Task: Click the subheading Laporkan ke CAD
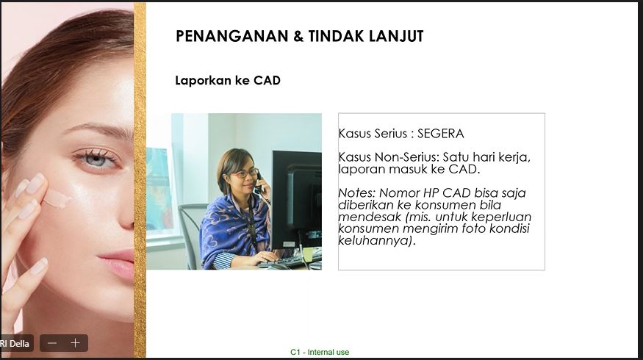click(228, 80)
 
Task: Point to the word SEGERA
click(440, 134)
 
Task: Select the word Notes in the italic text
click(356, 192)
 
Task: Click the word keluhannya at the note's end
click(374, 240)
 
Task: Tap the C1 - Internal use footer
click(320, 352)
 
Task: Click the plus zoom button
click(75, 343)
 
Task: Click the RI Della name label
click(15, 343)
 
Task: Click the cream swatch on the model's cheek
click(57, 199)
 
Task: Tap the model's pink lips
click(117, 264)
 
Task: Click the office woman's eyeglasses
click(245, 173)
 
